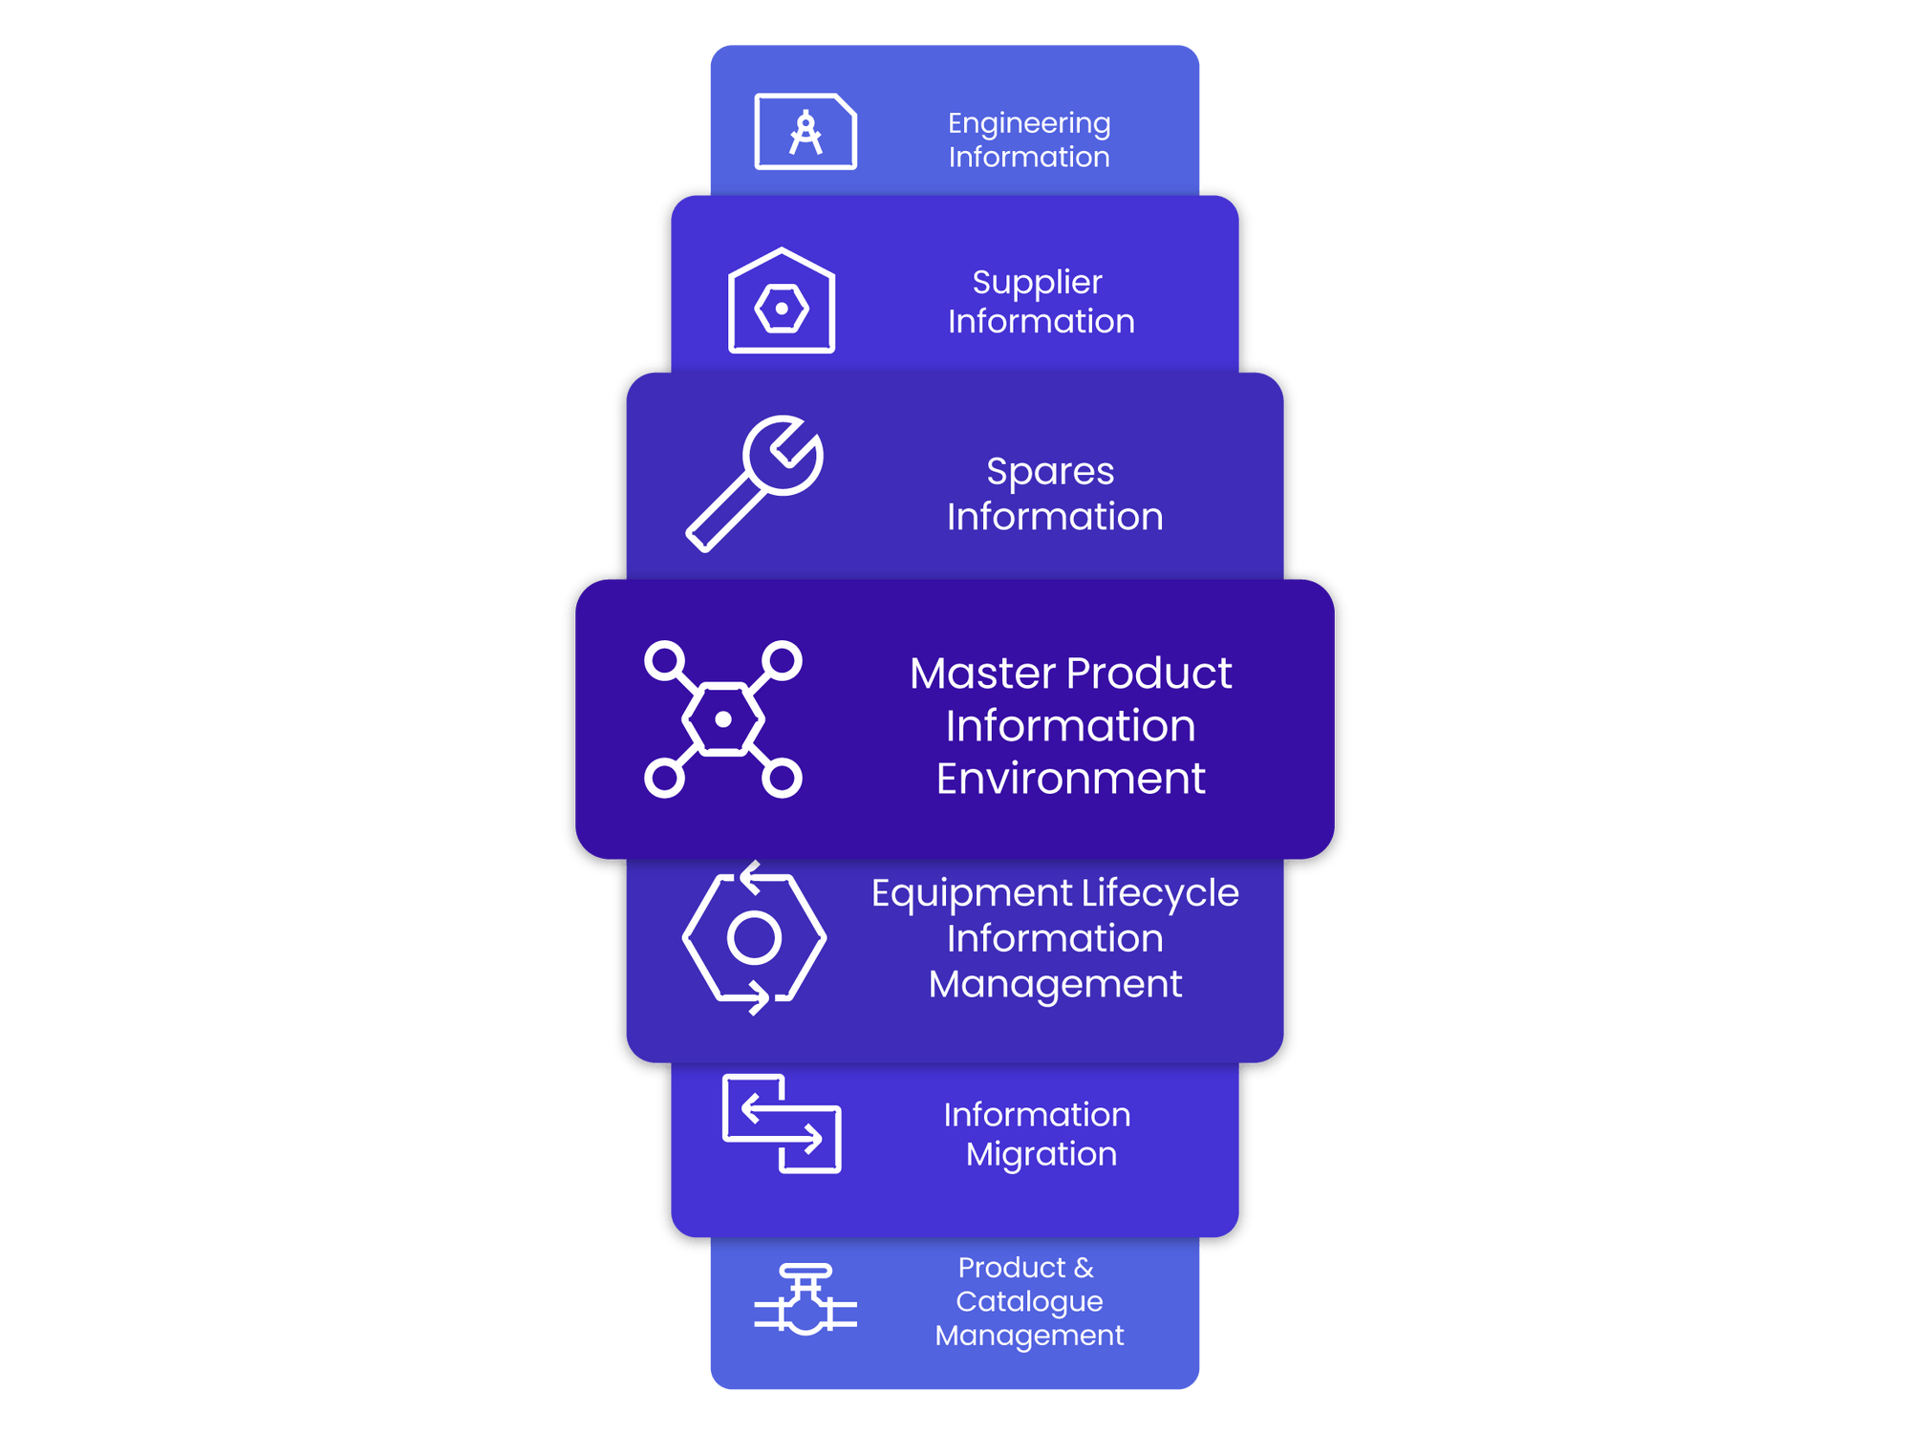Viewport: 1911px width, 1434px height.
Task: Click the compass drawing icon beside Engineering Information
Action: point(805,132)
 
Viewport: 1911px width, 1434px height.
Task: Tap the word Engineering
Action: point(1029,123)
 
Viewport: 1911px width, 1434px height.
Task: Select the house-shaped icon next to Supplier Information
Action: point(782,302)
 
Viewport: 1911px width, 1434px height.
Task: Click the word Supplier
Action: point(1037,282)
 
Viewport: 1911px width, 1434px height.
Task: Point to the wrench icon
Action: point(755,483)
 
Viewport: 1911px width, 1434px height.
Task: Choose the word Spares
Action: point(1050,471)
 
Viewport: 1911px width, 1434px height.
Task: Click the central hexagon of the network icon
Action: point(723,719)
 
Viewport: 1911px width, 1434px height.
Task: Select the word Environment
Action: point(1070,779)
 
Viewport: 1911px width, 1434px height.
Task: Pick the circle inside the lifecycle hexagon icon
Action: point(754,938)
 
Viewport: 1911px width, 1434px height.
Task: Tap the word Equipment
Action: point(972,893)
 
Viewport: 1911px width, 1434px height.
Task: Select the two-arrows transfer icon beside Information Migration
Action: point(782,1124)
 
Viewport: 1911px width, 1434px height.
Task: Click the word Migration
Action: point(1041,1154)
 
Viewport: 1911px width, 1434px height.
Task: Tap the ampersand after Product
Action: point(1084,1268)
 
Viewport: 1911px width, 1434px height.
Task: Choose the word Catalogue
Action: point(1029,1301)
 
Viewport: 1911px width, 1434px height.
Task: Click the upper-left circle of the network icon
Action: point(665,661)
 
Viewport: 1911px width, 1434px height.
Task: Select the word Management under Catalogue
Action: point(1029,1336)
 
